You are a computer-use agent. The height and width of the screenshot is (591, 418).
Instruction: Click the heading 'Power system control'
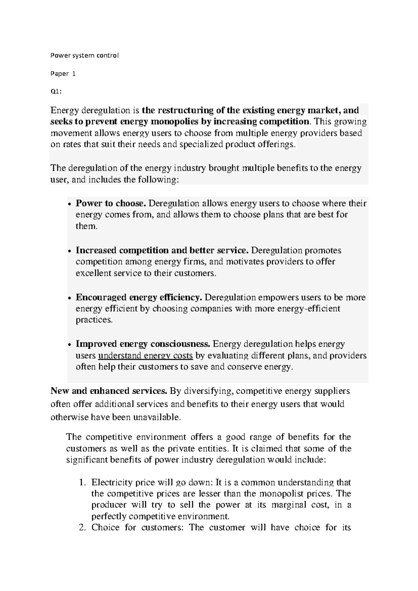85,55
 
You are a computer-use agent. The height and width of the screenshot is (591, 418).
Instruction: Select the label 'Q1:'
56,92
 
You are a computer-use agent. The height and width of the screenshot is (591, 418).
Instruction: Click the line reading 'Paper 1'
63,74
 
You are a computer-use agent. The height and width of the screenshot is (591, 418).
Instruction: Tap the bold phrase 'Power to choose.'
111,204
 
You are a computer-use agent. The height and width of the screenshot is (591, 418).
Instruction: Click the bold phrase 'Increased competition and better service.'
162,251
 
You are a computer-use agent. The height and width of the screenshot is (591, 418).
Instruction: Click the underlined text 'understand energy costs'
146,356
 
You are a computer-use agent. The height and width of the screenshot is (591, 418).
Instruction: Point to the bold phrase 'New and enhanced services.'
109,391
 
